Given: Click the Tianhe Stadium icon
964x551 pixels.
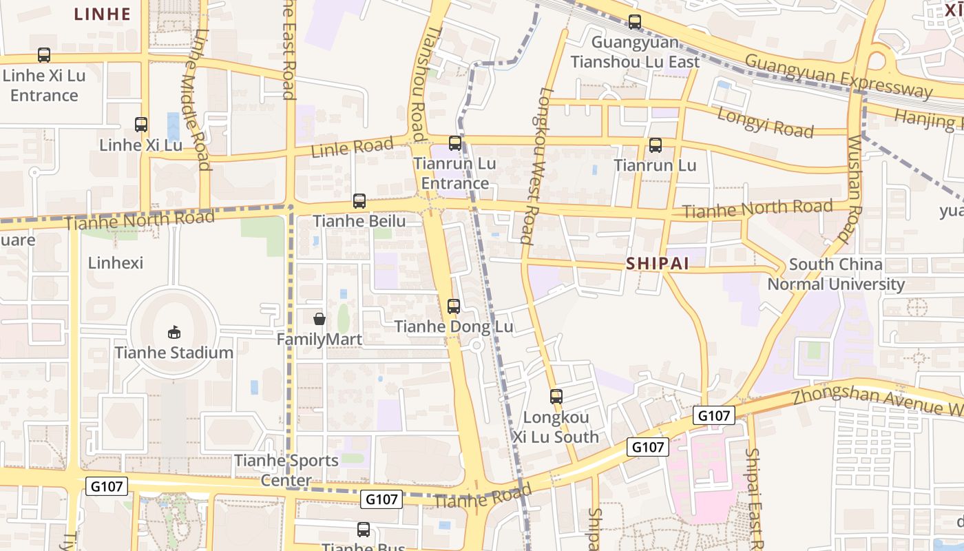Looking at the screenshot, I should (174, 333).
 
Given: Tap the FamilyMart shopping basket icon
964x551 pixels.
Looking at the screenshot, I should (319, 319).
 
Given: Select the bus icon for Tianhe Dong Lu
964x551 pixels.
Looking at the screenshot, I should (454, 306).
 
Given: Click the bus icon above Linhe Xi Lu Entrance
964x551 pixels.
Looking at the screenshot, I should (44, 55).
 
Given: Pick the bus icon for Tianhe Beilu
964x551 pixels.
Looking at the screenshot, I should (359, 201).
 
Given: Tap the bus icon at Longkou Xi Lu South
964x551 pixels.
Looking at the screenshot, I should (556, 397).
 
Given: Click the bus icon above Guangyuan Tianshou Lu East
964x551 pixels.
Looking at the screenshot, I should (635, 22).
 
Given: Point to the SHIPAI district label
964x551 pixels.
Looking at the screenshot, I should (658, 264).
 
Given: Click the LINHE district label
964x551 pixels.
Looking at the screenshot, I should (102, 14).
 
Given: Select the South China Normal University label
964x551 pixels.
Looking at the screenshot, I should (836, 274).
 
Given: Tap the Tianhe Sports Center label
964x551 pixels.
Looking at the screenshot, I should (286, 470).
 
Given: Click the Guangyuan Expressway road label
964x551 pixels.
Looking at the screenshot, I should (839, 76).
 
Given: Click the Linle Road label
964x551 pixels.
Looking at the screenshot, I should (352, 147).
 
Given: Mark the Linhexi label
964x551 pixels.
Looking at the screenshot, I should (116, 262).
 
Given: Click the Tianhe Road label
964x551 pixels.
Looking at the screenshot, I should (483, 497).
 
